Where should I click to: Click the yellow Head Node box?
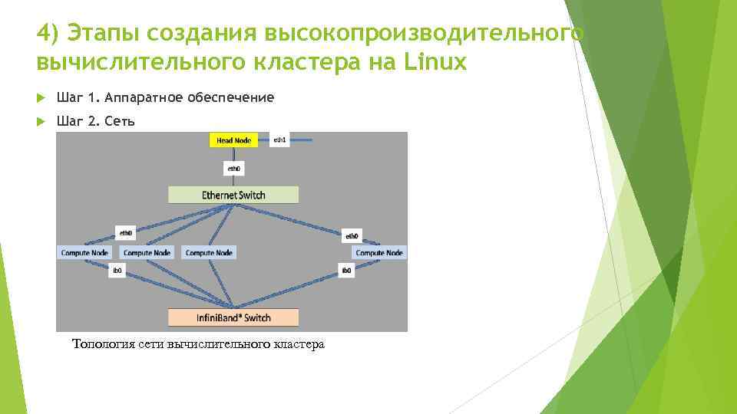point(234,141)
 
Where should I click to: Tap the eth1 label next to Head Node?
point(279,141)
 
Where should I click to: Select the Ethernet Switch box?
point(233,195)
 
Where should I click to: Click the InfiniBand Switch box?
point(233,317)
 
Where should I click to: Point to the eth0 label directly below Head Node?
point(233,169)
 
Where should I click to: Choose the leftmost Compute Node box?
point(84,252)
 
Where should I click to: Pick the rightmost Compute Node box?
point(379,252)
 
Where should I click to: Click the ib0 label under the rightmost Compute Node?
point(346,271)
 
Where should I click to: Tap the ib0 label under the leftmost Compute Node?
point(117,271)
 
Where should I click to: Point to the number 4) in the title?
point(48,34)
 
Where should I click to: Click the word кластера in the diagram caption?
point(299,343)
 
